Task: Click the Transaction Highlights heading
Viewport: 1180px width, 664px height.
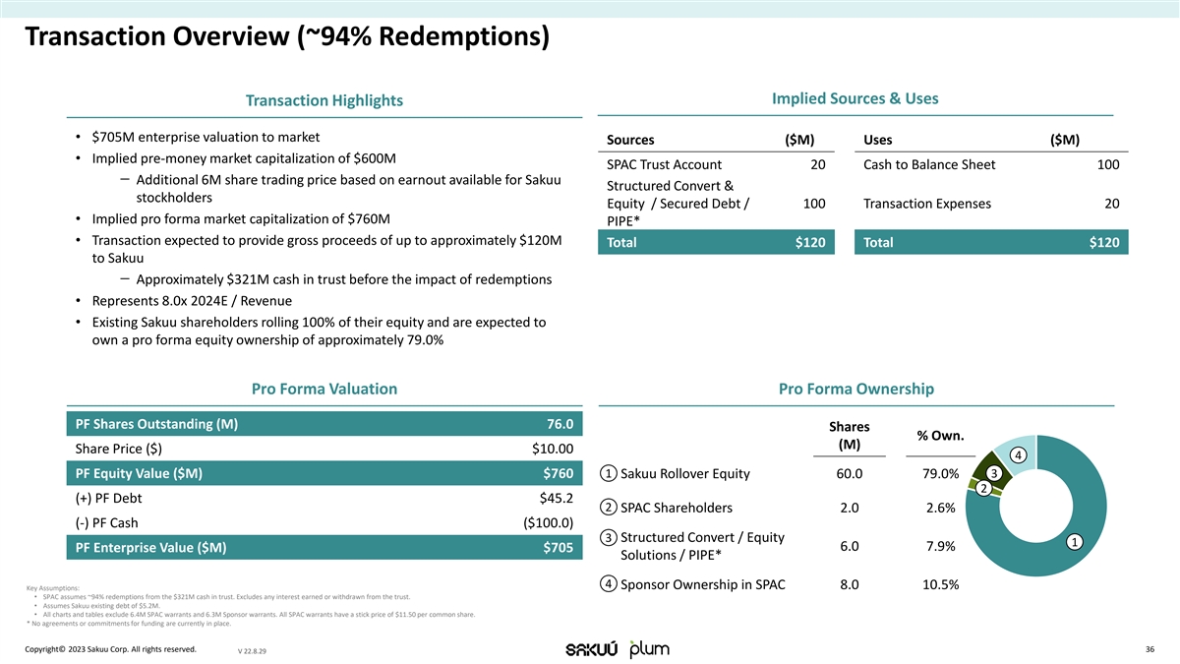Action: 324,100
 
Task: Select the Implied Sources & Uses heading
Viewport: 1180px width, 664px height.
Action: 855,98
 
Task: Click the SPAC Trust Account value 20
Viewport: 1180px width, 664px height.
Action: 818,164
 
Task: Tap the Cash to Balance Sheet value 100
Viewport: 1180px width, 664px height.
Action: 1107,164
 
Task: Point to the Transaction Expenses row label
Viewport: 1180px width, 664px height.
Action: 926,204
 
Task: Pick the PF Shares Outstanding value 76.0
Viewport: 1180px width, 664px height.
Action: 560,424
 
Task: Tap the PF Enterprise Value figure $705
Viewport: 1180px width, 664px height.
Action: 558,548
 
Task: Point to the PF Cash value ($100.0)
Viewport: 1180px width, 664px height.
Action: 548,521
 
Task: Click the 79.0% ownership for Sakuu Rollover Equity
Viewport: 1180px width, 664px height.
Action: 937,474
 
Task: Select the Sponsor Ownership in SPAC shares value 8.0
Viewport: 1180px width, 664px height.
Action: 851,584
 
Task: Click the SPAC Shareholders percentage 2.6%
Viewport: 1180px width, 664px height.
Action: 940,508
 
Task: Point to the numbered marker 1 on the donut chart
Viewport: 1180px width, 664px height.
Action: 1076,542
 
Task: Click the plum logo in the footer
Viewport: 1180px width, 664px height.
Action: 649,649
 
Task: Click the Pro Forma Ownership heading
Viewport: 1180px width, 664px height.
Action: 855,389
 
